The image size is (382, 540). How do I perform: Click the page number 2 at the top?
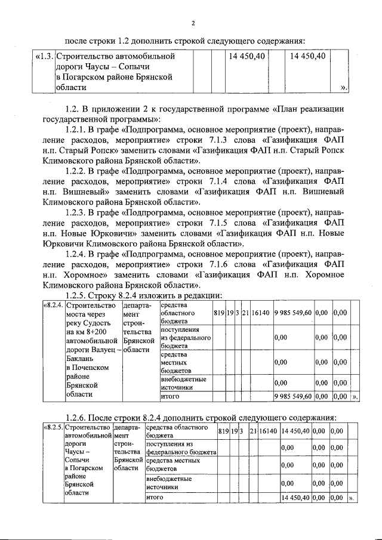click(193, 23)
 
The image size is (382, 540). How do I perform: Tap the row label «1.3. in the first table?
click(44, 56)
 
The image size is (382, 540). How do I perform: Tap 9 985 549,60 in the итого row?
click(292, 396)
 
